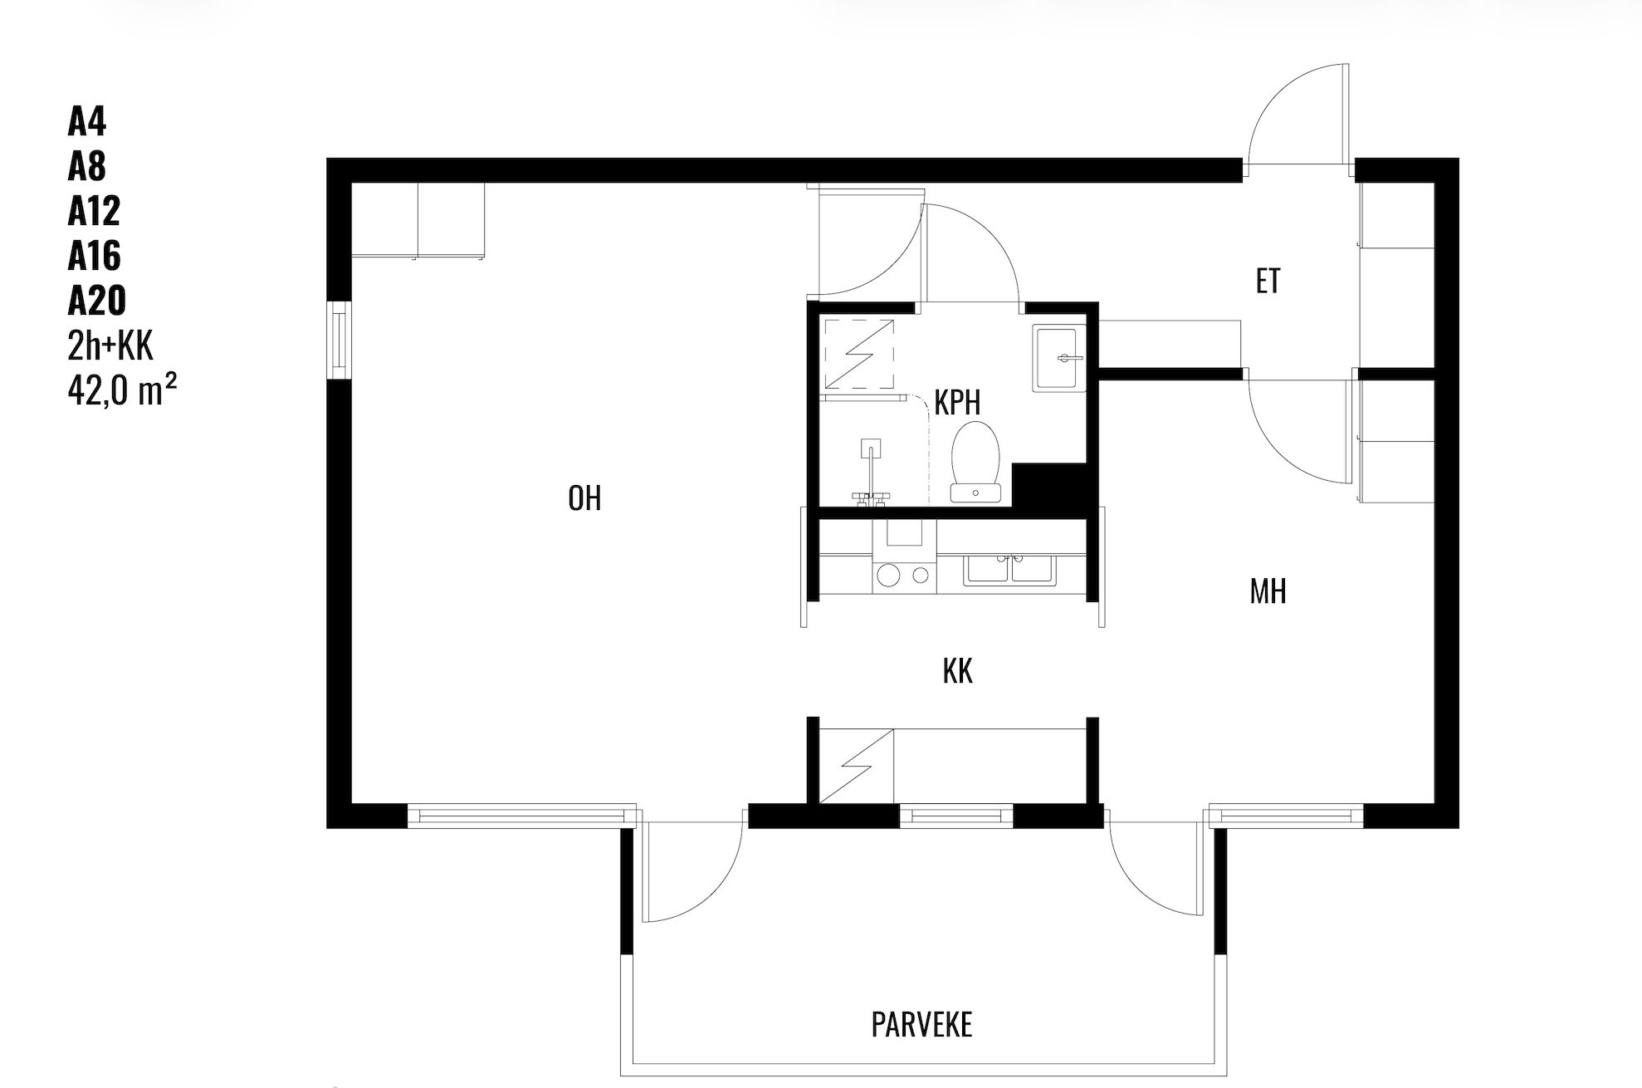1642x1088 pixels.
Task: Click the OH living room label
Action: (584, 498)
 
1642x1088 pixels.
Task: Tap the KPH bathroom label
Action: (957, 402)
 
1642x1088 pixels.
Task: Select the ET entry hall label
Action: (1268, 282)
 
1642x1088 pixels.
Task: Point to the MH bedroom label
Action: (1268, 591)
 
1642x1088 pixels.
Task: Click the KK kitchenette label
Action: (957, 671)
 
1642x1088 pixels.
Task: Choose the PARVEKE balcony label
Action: (921, 1025)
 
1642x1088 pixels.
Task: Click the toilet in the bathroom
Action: (977, 462)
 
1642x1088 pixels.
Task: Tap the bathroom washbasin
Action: (1058, 358)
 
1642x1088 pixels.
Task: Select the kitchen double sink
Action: (1009, 571)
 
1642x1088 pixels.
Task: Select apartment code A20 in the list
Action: (96, 300)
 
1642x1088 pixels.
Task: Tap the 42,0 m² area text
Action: (122, 389)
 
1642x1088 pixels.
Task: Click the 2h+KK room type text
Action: (110, 345)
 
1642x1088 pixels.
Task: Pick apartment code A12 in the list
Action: (94, 212)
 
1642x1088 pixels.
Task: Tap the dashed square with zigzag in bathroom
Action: (858, 353)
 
